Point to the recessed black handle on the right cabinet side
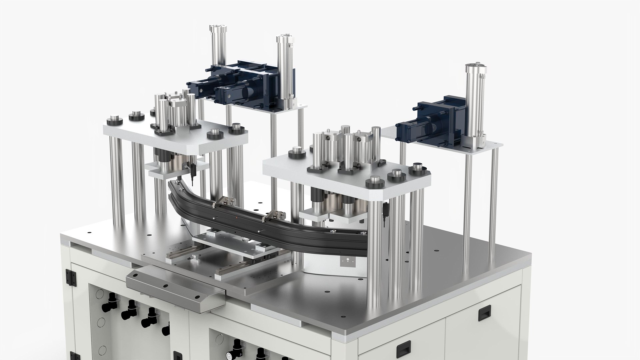pyautogui.click(x=483, y=313)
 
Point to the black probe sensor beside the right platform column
pyautogui.click(x=385, y=215)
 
